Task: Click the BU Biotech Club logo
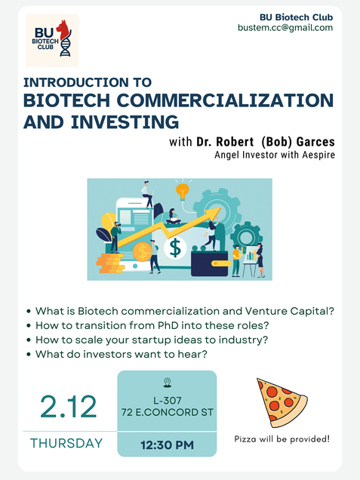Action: coord(52,40)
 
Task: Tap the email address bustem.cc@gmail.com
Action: coord(285,28)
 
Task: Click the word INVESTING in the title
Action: coord(125,122)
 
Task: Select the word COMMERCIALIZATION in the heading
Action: coord(225,100)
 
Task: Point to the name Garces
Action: coord(315,142)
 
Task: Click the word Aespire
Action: coord(318,155)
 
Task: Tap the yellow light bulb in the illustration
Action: coord(183,192)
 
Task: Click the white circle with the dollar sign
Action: coord(175,248)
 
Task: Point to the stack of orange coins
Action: coord(110,263)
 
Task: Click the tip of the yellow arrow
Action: coord(220,208)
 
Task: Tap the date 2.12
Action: coord(69,407)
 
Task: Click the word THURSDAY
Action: coord(66,443)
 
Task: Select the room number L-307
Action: coord(167,401)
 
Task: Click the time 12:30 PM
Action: coord(167,445)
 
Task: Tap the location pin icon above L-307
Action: coord(167,383)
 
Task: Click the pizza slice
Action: coord(282,402)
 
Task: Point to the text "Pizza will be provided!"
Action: coord(282,439)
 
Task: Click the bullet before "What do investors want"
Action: coord(29,355)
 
